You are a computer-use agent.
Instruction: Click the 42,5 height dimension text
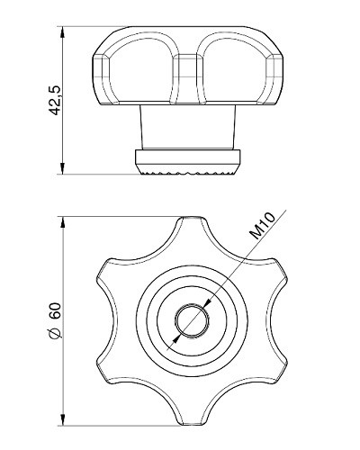point(55,100)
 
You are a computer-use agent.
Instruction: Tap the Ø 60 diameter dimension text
point(56,320)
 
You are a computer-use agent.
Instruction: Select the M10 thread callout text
point(263,226)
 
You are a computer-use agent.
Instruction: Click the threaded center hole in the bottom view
point(192,320)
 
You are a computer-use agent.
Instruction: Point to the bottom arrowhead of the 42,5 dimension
point(62,168)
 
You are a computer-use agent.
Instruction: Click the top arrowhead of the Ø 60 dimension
point(63,222)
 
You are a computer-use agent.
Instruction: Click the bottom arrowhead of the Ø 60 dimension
point(63,419)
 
